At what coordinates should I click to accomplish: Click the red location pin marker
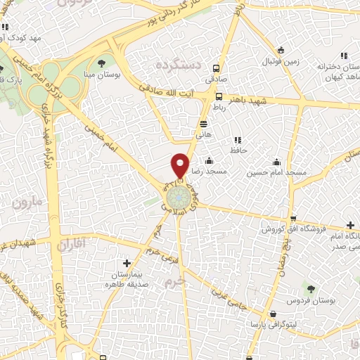click(x=181, y=165)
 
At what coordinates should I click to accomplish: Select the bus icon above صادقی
click(x=215, y=69)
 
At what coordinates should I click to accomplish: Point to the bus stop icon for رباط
click(x=219, y=97)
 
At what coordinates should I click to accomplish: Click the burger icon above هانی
click(x=203, y=122)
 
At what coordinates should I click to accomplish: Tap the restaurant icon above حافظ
click(x=237, y=140)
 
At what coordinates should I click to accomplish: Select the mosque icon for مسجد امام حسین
click(x=277, y=160)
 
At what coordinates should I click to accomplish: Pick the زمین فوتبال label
click(x=281, y=60)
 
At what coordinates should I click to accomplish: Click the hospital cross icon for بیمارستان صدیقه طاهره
click(x=126, y=263)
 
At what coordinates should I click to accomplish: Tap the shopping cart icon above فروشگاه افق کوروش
click(x=293, y=218)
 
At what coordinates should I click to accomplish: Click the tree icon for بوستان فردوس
click(x=311, y=288)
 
